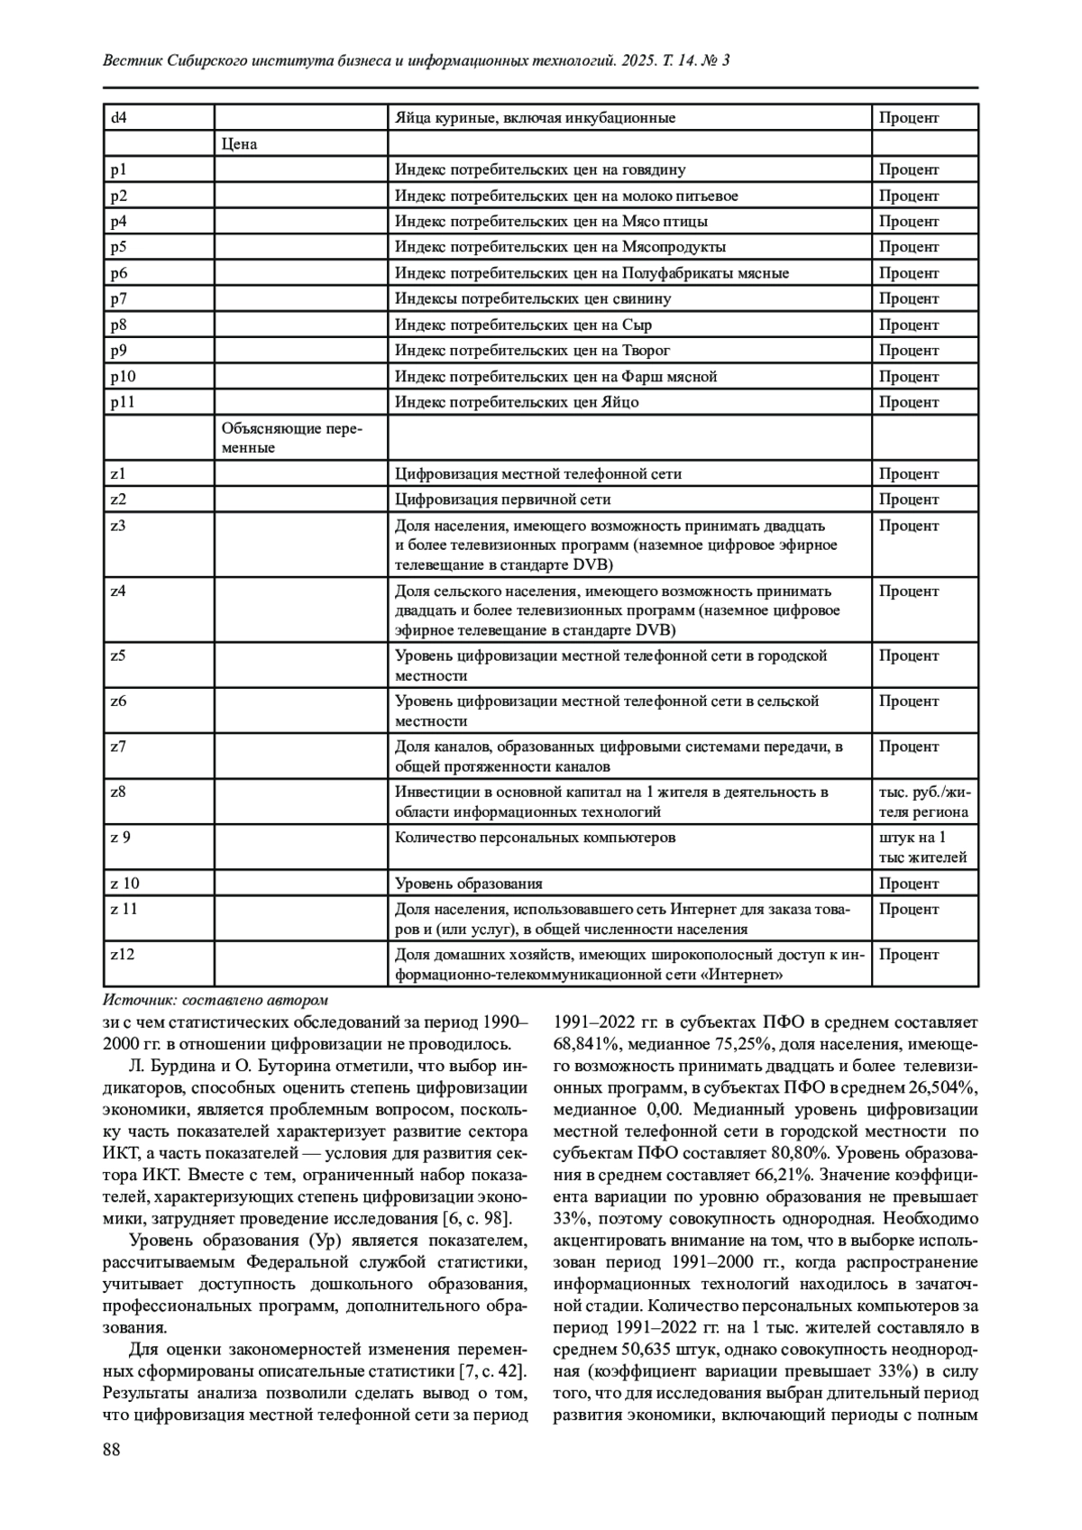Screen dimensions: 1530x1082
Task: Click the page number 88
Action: [x=113, y=1449]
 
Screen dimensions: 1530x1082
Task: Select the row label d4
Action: [x=119, y=118]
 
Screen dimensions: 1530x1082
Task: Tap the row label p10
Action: [x=124, y=377]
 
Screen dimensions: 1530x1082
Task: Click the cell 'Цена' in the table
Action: [x=239, y=144]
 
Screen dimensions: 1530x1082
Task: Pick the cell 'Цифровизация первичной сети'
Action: [x=503, y=499]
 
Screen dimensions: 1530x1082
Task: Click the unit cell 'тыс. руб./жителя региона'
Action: [x=924, y=802]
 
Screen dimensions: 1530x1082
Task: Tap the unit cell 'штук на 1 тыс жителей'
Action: [x=922, y=847]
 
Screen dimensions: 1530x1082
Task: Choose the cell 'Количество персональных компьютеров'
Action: [x=536, y=838]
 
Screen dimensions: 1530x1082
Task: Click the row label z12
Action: [x=123, y=954]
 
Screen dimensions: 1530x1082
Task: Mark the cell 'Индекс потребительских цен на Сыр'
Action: [x=524, y=325]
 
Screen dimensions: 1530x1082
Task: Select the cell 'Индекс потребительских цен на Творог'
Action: [x=533, y=351]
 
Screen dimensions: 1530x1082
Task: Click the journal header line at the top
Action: [x=416, y=60]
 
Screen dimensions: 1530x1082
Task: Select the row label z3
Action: [x=118, y=526]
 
